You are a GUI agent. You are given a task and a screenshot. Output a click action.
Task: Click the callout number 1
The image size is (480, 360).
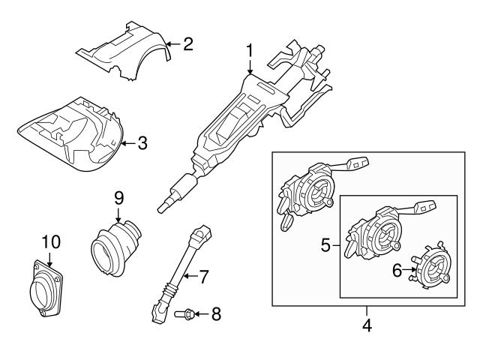(x=250, y=53)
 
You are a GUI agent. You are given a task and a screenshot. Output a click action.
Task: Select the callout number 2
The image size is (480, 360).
(x=187, y=43)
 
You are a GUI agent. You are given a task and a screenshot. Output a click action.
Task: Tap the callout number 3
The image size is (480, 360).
(x=142, y=142)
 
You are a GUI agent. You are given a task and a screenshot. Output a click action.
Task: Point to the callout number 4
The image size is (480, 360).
(x=367, y=325)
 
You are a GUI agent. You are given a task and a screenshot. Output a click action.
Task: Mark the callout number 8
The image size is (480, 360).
(x=216, y=314)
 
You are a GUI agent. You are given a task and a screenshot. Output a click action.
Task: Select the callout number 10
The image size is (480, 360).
(x=49, y=242)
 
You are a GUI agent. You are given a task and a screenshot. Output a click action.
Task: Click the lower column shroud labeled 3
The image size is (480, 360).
(x=71, y=135)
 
